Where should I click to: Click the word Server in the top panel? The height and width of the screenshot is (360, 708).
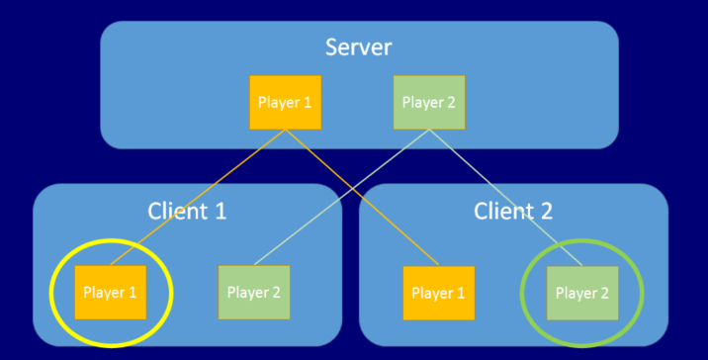359,46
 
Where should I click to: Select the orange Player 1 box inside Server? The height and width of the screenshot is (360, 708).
285,102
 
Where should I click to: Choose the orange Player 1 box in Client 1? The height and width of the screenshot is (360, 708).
110,292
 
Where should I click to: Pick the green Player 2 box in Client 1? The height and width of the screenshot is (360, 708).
253,292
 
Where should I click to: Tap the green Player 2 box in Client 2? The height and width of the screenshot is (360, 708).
582,292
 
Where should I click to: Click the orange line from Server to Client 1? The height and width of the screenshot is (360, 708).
198,197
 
